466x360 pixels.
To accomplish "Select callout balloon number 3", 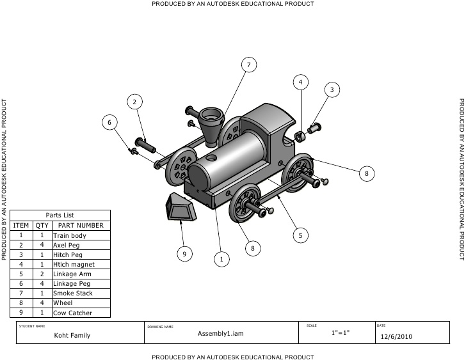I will (x=331, y=90).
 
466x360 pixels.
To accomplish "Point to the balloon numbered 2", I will (x=134, y=101).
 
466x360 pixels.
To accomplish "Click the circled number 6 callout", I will (x=109, y=121).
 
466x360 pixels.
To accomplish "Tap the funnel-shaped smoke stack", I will (x=211, y=125).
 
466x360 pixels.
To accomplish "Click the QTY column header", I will (x=42, y=225).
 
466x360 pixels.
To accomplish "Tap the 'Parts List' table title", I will (x=61, y=215).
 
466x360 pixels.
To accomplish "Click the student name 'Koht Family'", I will (x=72, y=335).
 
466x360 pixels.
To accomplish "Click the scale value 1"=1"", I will (x=341, y=334).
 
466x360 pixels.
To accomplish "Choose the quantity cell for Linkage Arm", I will (x=42, y=274).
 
